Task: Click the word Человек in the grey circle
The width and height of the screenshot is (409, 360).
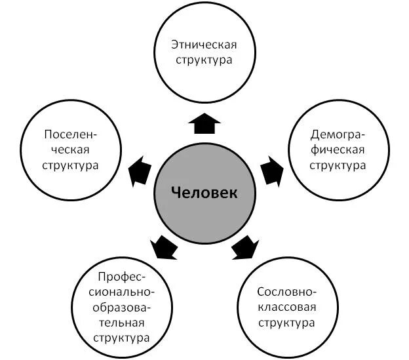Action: click(204, 193)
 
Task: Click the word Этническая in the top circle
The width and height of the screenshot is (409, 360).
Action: click(204, 45)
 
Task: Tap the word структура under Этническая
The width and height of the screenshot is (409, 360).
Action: click(204, 60)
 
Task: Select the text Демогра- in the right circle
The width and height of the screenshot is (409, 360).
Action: click(338, 136)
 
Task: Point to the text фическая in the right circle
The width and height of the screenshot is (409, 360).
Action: click(338, 150)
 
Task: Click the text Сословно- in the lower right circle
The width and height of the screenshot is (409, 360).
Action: click(286, 292)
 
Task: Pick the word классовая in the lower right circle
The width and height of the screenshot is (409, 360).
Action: click(286, 307)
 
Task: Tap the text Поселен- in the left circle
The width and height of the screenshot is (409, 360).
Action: click(71, 134)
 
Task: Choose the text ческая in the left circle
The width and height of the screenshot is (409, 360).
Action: click(71, 149)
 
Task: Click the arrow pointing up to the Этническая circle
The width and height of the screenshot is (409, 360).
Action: click(204, 123)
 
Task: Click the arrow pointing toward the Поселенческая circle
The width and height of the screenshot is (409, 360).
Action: click(139, 170)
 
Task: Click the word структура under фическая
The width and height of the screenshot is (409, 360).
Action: click(338, 165)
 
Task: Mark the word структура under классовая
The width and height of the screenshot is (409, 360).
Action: click(286, 323)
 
